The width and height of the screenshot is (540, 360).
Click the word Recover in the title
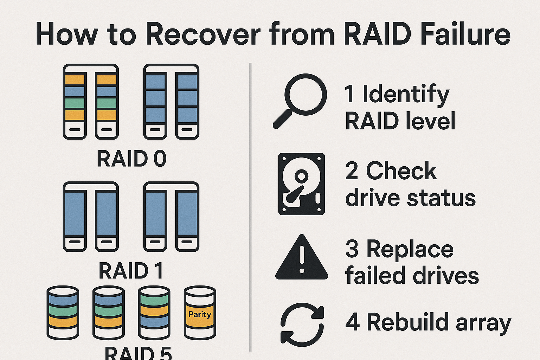click(x=203, y=34)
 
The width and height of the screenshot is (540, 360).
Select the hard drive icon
click(x=301, y=184)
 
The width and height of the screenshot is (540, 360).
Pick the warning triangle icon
click(x=302, y=258)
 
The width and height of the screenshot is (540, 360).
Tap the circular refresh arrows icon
click(x=302, y=323)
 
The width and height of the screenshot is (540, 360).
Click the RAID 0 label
click(x=131, y=159)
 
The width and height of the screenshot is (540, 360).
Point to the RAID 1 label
click(x=131, y=271)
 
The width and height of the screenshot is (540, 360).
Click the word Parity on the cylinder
click(x=200, y=314)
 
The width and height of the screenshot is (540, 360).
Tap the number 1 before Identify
click(x=349, y=94)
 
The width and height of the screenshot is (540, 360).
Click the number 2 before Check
click(x=352, y=171)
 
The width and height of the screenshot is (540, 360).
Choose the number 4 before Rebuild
click(x=352, y=322)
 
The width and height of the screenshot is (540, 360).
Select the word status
click(x=441, y=198)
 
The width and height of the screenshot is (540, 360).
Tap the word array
click(x=483, y=323)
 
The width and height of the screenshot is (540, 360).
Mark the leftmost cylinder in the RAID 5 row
click(x=63, y=313)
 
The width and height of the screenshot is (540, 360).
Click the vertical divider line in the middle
click(x=250, y=207)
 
